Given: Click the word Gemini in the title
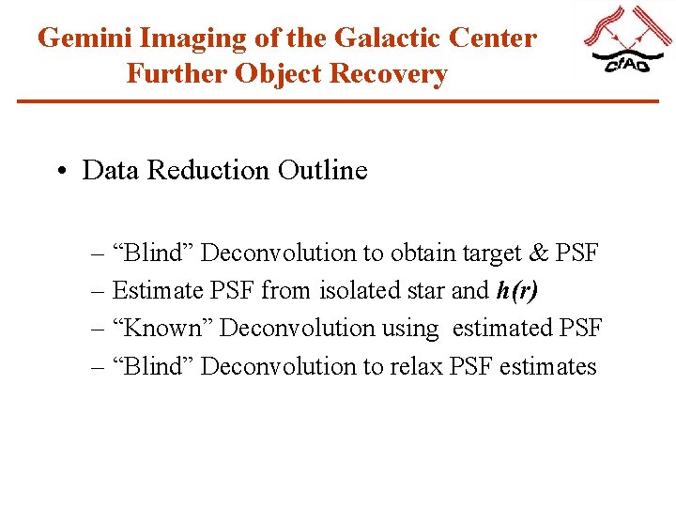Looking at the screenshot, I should pyautogui.click(x=86, y=38).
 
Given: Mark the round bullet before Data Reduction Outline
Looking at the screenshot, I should pyautogui.click(x=61, y=172).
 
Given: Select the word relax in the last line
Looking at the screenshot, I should pyautogui.click(x=418, y=366).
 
